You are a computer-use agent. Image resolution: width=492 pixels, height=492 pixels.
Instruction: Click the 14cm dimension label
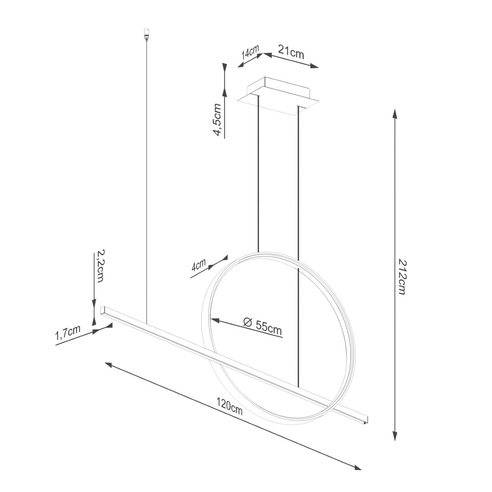[250, 54]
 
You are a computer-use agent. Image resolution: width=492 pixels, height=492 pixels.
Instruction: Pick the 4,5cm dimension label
[218, 119]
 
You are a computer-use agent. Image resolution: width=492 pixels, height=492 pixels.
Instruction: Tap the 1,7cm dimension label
[68, 333]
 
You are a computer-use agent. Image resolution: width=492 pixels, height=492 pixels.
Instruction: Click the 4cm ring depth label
[199, 265]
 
